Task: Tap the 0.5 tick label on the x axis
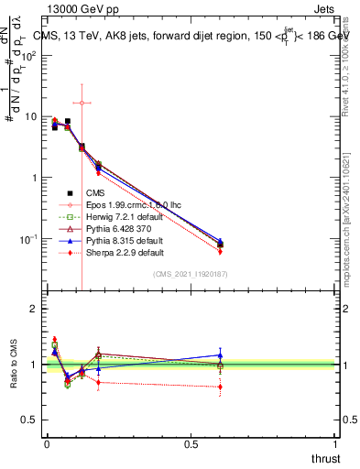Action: (191, 444)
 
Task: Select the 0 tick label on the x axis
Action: (47, 444)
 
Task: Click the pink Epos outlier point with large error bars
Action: (82, 103)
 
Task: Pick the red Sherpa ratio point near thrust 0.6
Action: (220, 387)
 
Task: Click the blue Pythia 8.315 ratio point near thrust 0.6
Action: (220, 354)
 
